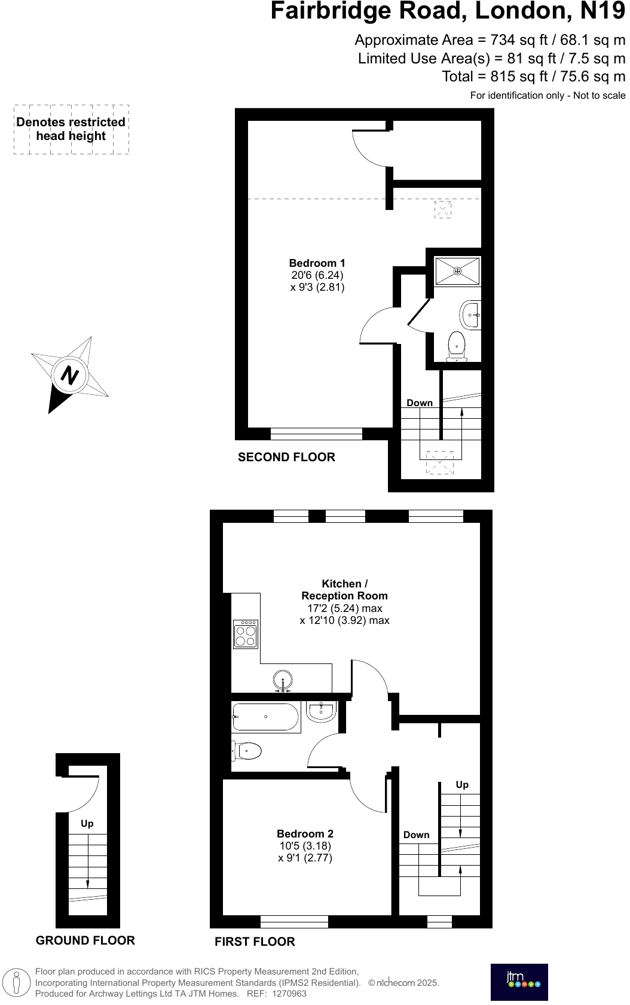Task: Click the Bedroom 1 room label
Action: [x=317, y=263]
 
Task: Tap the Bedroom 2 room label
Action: [x=305, y=834]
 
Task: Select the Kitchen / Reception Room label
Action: [x=344, y=590]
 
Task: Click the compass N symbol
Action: [x=71, y=376]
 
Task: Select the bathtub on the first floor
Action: [x=265, y=717]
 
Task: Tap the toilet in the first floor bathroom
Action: [x=248, y=750]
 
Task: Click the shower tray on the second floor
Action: [x=457, y=271]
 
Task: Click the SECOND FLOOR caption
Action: [x=286, y=457]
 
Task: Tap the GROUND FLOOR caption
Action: [x=85, y=940]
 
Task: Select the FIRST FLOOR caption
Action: [x=255, y=942]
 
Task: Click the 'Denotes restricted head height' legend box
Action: [x=71, y=129]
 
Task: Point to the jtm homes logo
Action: [x=519, y=982]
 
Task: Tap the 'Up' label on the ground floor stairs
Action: [x=87, y=824]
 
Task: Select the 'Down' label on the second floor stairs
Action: [x=420, y=403]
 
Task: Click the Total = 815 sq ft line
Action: [x=533, y=77]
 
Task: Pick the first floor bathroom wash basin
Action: [x=322, y=710]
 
